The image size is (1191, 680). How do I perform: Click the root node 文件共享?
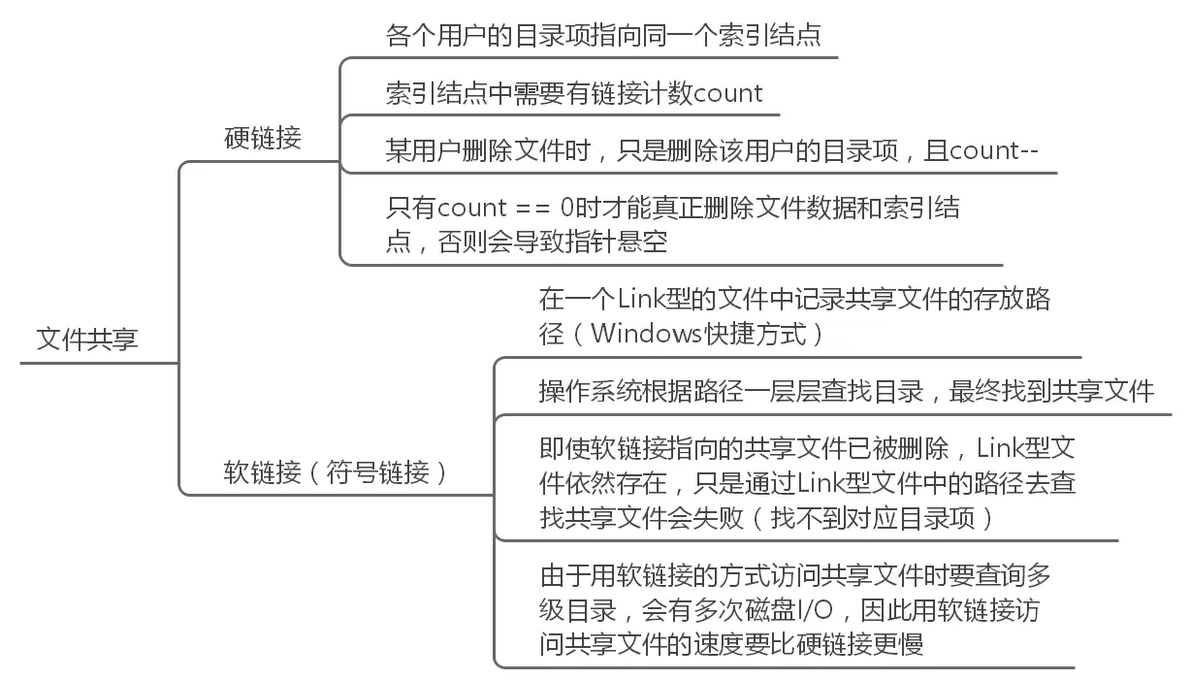[x=87, y=340]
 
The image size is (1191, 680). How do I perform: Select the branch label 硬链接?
[x=262, y=138]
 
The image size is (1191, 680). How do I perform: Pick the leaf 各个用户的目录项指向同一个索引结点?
[x=603, y=35]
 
